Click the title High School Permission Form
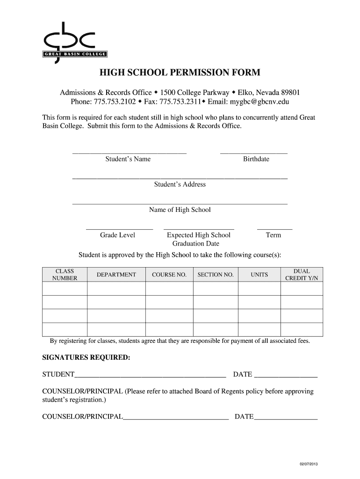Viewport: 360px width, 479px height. [180, 73]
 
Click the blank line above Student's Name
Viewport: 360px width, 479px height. [129, 152]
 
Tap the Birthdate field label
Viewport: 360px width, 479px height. [256, 159]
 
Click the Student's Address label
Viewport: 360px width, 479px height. [180, 184]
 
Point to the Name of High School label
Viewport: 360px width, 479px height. [180, 210]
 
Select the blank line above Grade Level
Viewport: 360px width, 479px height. [119, 229]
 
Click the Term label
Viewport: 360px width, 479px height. [273, 235]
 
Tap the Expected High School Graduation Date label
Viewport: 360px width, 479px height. [198, 239]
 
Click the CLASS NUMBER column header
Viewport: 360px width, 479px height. [65, 275]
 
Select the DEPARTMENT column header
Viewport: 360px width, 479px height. [116, 275]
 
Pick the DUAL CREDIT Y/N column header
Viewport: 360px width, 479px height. [301, 275]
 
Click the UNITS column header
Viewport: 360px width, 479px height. [259, 275]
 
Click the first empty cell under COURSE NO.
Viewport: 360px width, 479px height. [169, 289]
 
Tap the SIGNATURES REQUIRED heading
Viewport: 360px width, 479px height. [86, 357]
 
